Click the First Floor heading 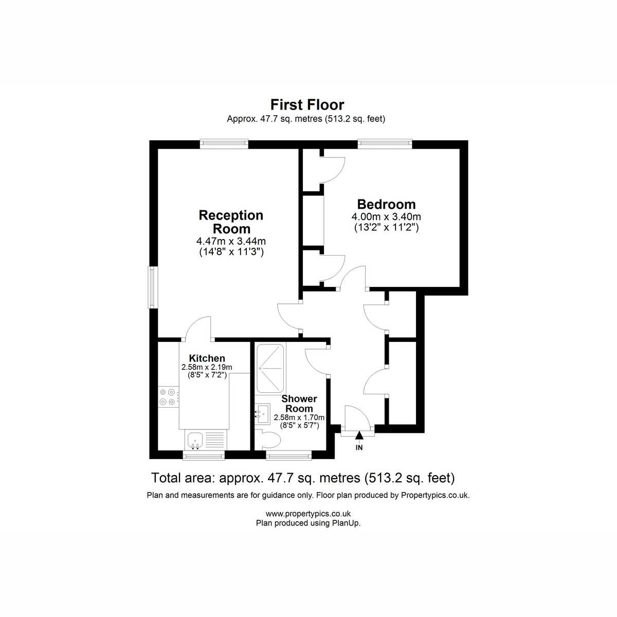tap(307, 105)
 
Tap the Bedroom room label tap(386, 204)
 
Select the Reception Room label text tap(231, 222)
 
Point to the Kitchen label tap(207, 358)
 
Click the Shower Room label tap(299, 404)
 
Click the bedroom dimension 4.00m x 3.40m tap(386, 217)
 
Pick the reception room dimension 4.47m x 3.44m tap(231, 241)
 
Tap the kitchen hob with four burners tap(169, 397)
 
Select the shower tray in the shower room tap(270, 369)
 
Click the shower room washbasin tap(263, 414)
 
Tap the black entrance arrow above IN tap(359, 435)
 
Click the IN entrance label tap(359, 448)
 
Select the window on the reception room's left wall tap(153, 287)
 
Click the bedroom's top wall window tap(385, 144)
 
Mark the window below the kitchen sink tap(204, 456)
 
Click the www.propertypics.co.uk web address tap(308, 514)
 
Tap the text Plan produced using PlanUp tap(308, 523)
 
